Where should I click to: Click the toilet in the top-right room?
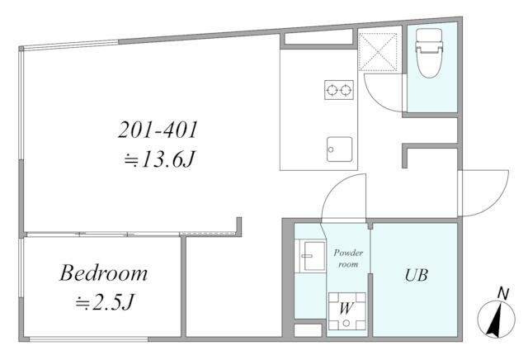click(429, 54)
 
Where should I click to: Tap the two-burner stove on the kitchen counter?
click(339, 90)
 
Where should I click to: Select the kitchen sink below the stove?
click(339, 149)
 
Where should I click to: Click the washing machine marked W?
click(346, 310)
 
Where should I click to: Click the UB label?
click(416, 276)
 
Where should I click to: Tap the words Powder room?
click(348, 258)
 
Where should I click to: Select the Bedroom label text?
click(104, 273)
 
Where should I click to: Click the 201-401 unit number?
click(158, 130)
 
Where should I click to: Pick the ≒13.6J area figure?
click(159, 159)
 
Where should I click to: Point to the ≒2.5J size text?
click(105, 302)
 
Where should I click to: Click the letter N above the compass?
click(503, 294)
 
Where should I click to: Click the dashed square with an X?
click(378, 52)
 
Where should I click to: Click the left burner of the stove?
click(332, 90)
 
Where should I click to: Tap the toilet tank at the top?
click(429, 35)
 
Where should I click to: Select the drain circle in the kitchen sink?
click(331, 149)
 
